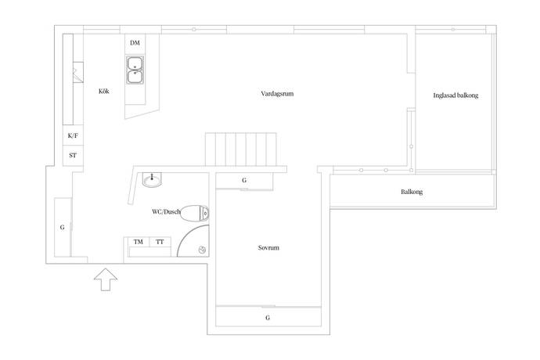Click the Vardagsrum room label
tap(277, 94)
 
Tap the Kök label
tap(103, 92)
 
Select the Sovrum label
tap(268, 247)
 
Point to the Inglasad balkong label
tap(455, 95)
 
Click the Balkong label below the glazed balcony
tap(412, 192)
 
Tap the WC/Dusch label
tap(166, 211)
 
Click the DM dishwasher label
tap(135, 43)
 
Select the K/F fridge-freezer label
tap(73, 135)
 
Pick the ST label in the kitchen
tap(73, 156)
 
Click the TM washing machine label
tap(138, 242)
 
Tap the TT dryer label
tap(160, 242)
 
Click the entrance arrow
tap(106, 279)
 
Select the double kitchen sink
tap(135, 70)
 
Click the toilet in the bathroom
tap(194, 213)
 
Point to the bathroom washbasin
tap(152, 179)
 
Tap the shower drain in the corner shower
tap(202, 250)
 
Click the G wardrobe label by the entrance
tap(63, 228)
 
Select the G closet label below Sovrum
tap(268, 318)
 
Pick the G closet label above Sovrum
tap(244, 180)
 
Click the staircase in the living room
tap(241, 149)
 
